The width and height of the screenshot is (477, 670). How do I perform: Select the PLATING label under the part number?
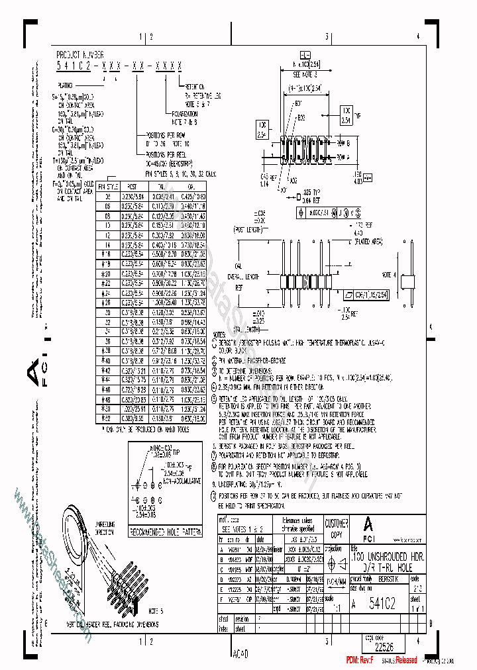coord(66,85)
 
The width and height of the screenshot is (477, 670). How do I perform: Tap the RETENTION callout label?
coord(194,86)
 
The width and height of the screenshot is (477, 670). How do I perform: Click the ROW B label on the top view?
coord(343,144)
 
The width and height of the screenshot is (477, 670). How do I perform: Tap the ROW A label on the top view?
coord(343,158)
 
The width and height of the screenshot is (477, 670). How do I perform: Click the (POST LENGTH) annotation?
coord(248,228)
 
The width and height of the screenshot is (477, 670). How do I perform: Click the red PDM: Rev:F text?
coord(360,660)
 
